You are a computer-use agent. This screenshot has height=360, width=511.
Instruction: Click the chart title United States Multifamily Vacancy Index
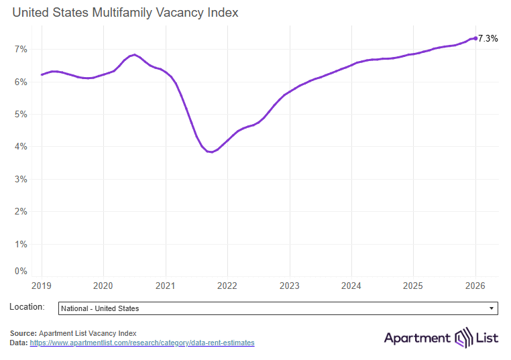(125, 13)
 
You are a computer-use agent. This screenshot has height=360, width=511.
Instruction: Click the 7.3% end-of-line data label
(488, 39)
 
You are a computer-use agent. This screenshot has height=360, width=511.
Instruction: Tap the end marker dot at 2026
(475, 38)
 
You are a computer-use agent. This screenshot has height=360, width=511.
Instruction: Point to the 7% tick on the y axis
(20, 49)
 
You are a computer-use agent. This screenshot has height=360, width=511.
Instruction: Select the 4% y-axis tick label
(20, 147)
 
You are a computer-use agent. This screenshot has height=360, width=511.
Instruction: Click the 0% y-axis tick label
(20, 271)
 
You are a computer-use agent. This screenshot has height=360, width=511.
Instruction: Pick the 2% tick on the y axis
(20, 212)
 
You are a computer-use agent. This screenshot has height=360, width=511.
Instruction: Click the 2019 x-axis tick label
(41, 286)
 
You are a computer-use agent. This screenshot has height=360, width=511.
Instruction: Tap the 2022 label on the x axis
(227, 286)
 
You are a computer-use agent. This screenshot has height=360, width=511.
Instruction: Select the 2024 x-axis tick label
(351, 286)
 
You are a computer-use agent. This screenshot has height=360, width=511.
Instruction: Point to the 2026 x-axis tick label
(475, 286)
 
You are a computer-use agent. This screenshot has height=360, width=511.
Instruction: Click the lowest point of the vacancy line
(211, 152)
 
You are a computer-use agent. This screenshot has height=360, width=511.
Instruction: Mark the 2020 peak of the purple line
(134, 54)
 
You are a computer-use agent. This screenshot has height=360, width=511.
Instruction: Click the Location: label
(27, 307)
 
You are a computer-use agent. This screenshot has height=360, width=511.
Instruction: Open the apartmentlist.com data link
(142, 343)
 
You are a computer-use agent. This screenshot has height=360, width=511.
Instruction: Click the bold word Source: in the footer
(23, 333)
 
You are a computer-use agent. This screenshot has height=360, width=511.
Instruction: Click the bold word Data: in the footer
(19, 343)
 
